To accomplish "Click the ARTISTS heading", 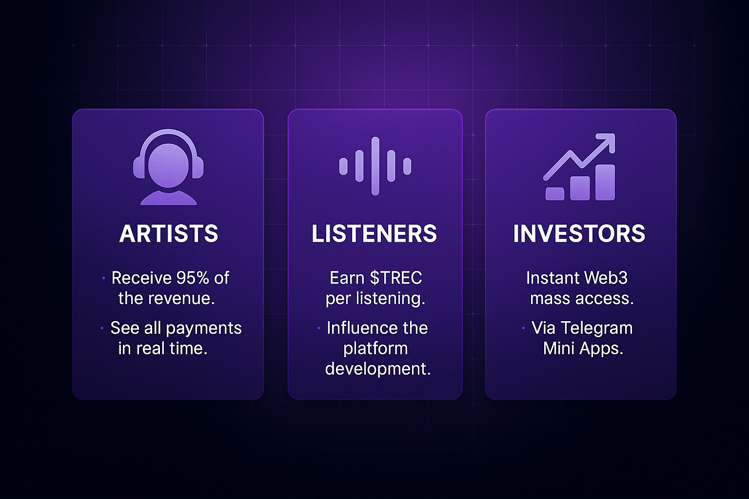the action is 169,233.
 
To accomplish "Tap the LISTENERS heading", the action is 374,233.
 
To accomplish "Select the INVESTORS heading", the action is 579,233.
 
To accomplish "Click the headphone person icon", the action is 168,167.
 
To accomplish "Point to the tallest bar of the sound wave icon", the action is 375,166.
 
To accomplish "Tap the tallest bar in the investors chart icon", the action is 605,182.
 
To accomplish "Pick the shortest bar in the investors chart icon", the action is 555,194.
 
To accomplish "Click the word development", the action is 378,369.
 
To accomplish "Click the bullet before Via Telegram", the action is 523,328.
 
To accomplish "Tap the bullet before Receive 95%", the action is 103,278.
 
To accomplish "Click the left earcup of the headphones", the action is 139,167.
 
